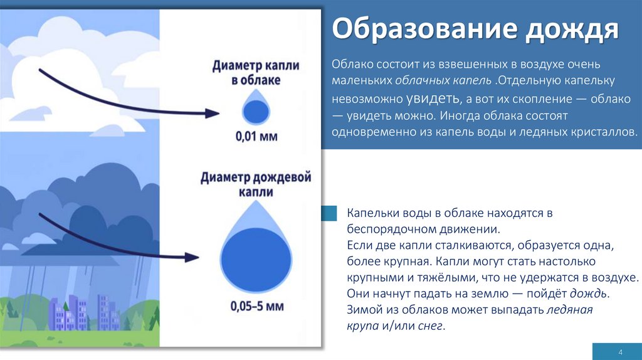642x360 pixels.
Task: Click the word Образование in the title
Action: (x=409, y=29)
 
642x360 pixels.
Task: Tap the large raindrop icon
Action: (x=256, y=257)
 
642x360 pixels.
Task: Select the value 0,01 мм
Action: (x=256, y=136)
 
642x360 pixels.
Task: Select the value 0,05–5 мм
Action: (x=256, y=307)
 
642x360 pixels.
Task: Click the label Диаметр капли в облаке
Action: (x=256, y=73)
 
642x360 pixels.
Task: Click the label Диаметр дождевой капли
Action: (x=256, y=184)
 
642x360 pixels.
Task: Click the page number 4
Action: (x=619, y=351)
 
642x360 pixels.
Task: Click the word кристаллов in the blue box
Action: (x=605, y=132)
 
